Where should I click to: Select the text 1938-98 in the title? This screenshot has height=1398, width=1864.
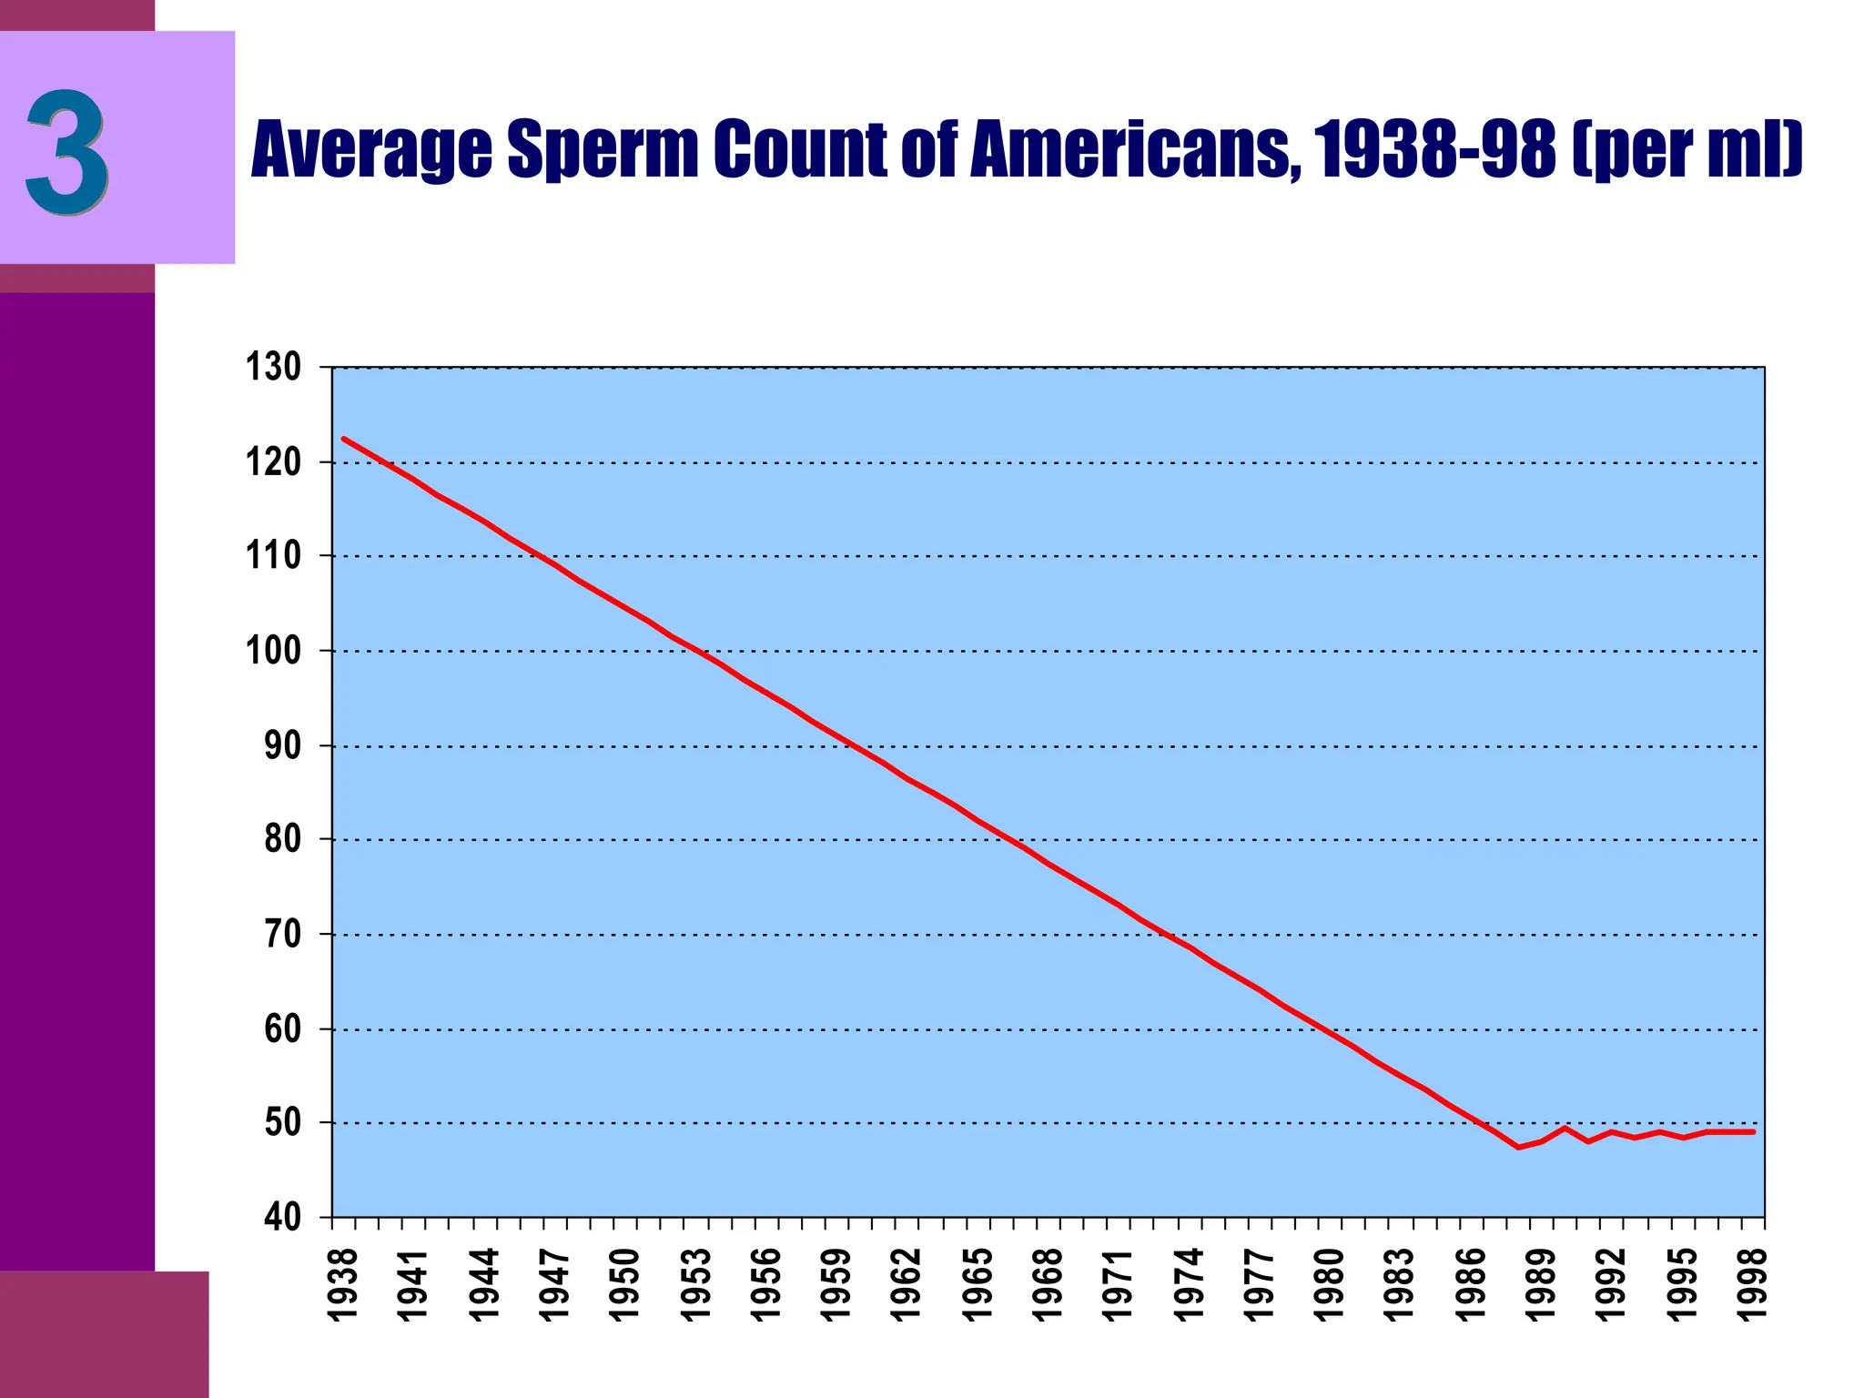[1433, 148]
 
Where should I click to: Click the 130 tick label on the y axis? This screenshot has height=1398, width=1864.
[273, 368]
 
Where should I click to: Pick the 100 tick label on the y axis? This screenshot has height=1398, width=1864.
[273, 651]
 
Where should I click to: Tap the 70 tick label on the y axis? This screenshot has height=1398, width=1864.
[282, 934]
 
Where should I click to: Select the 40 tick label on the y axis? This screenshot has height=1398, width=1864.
[282, 1218]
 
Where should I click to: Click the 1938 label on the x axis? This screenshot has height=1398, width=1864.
[343, 1284]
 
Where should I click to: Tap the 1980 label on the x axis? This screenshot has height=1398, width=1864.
[1330, 1284]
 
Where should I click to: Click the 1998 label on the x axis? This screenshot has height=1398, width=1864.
[1753, 1284]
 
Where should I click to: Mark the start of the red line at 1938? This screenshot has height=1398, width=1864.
[344, 439]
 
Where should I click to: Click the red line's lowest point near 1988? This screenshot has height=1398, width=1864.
[1518, 1147]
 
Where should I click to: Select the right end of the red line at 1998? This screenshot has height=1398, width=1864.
[1753, 1131]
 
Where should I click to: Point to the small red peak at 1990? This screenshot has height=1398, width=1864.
[1565, 1128]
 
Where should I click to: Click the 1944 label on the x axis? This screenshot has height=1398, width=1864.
[484, 1284]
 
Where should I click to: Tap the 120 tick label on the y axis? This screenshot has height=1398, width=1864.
[273, 462]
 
